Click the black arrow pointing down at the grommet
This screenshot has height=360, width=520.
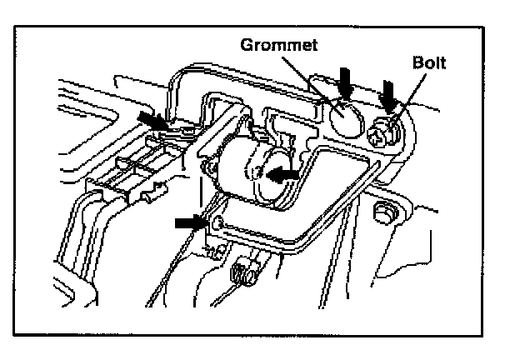tap(347, 82)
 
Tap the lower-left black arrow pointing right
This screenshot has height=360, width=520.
tap(190, 222)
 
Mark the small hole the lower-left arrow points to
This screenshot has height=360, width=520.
tap(218, 222)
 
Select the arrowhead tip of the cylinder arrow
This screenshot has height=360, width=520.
tap(268, 173)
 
